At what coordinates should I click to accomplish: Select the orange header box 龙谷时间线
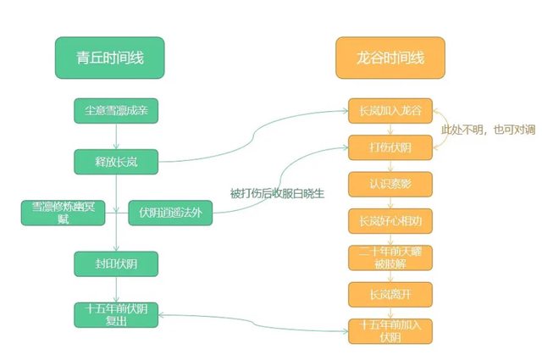tap(390, 58)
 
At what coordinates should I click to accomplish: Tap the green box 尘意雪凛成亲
tap(116, 109)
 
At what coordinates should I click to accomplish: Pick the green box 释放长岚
tap(116, 159)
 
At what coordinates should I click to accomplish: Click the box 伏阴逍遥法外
tap(170, 212)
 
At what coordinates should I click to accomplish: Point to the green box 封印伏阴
tap(116, 263)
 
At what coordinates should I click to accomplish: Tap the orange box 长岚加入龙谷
tap(390, 109)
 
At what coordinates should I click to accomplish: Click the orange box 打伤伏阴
tap(390, 147)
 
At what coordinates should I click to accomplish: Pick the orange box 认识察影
tap(390, 184)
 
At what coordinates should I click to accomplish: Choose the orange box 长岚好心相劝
tap(390, 220)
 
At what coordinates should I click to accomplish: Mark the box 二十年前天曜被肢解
tap(390, 258)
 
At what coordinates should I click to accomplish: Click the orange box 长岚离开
tap(390, 294)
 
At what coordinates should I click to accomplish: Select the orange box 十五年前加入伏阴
tap(390, 330)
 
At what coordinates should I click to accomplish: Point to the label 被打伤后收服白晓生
tap(278, 193)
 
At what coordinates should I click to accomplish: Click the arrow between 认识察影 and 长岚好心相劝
tap(390, 202)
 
